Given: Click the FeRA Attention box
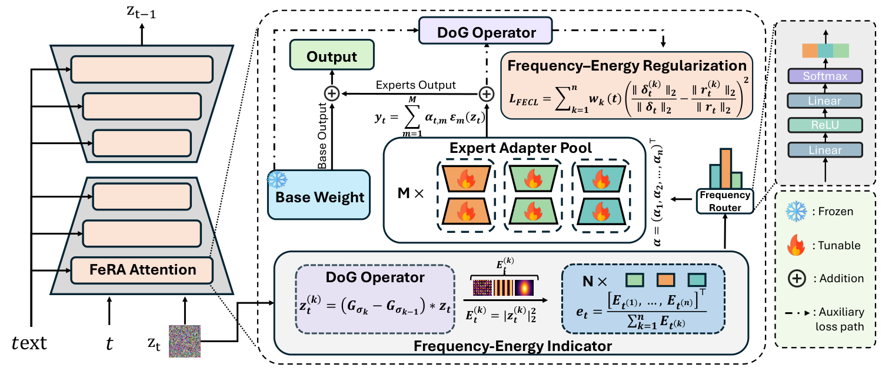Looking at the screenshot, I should (141, 270).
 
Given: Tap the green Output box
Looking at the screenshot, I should (332, 56).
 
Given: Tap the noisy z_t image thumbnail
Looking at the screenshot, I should (185, 341).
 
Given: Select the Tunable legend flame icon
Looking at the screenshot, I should (796, 244).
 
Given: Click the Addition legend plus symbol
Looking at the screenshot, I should (797, 279).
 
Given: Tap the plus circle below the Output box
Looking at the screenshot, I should (332, 93).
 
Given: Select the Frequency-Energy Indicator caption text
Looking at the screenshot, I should (512, 346).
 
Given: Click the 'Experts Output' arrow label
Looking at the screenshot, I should (416, 85).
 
